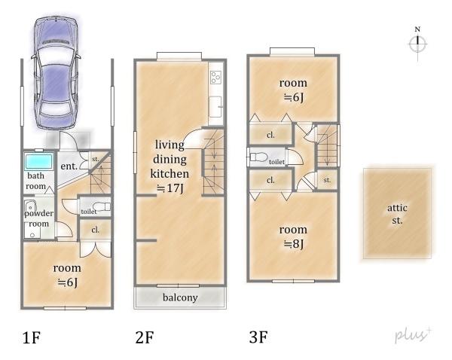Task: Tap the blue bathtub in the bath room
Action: click(x=39, y=161)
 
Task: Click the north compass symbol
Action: click(x=417, y=44)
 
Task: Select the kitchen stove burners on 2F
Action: click(x=215, y=78)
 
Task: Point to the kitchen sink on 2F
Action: click(x=215, y=107)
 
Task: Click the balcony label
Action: click(x=180, y=297)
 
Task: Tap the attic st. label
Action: click(x=397, y=214)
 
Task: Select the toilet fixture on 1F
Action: click(x=102, y=206)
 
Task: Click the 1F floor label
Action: click(x=32, y=337)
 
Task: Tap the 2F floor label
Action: click(x=145, y=337)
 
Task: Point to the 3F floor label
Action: click(x=258, y=337)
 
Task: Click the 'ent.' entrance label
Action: click(x=69, y=166)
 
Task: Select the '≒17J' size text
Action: click(x=169, y=188)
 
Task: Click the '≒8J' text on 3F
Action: click(x=293, y=244)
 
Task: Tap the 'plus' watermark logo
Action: click(x=413, y=334)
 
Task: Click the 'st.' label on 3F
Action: click(x=327, y=180)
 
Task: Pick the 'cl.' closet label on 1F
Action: click(x=95, y=230)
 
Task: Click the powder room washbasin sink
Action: click(x=30, y=206)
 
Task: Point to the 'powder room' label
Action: click(x=38, y=218)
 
